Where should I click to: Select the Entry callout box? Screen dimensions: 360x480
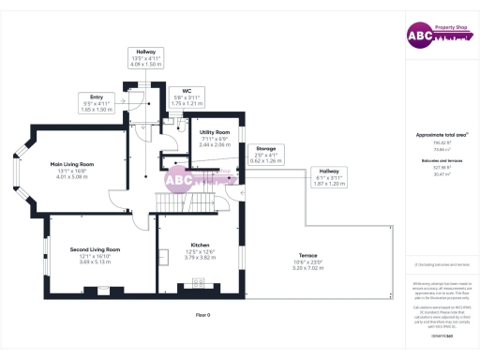tap(97, 102)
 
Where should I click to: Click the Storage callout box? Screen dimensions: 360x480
tap(266, 154)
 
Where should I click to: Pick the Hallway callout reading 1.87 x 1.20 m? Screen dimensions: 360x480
tap(329, 178)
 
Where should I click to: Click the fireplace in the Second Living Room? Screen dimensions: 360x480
tap(103, 290)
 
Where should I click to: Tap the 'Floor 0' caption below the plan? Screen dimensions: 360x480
tap(202, 314)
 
